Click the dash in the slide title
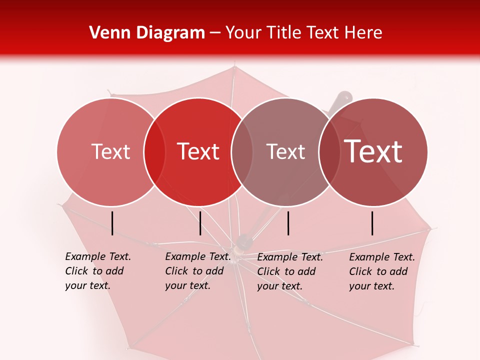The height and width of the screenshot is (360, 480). tap(215, 33)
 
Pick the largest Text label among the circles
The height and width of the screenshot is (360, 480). tap(373, 151)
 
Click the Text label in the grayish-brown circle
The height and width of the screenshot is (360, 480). tap(285, 151)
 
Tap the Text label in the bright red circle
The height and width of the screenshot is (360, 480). tap(198, 151)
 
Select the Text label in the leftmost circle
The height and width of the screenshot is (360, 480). tap(110, 151)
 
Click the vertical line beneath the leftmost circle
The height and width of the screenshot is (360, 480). tap(112, 223)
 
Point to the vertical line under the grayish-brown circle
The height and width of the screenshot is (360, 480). tap(288, 223)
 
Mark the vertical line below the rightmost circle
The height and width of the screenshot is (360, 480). tap(372, 223)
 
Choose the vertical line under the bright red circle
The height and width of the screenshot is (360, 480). tap(200, 223)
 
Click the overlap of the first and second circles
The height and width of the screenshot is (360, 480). tap(154, 151)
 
